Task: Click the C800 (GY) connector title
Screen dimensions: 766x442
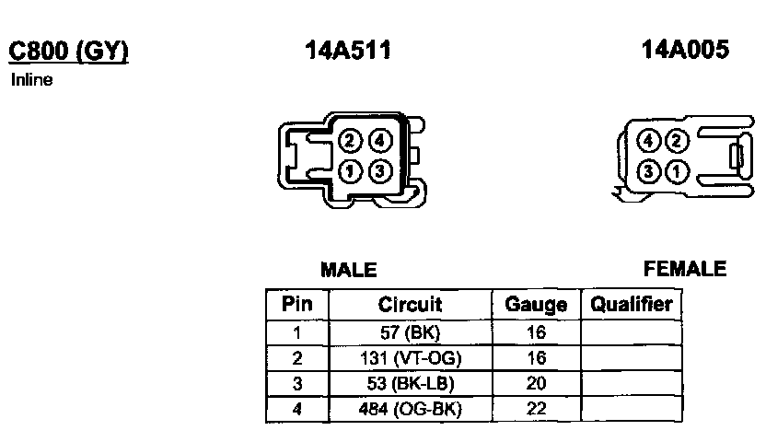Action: click(x=68, y=51)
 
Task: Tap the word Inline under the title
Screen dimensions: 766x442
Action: click(x=31, y=79)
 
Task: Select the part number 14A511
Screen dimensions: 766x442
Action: click(x=348, y=50)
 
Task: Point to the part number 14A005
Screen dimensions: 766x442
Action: click(x=685, y=50)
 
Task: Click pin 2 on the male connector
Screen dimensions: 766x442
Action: click(x=350, y=141)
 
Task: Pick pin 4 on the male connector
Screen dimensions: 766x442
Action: click(x=380, y=141)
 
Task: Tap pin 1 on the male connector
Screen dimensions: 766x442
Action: click(x=350, y=171)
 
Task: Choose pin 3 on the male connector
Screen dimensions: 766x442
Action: click(x=380, y=171)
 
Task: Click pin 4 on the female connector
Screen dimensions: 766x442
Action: click(x=648, y=141)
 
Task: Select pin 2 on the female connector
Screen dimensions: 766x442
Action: click(x=677, y=141)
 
